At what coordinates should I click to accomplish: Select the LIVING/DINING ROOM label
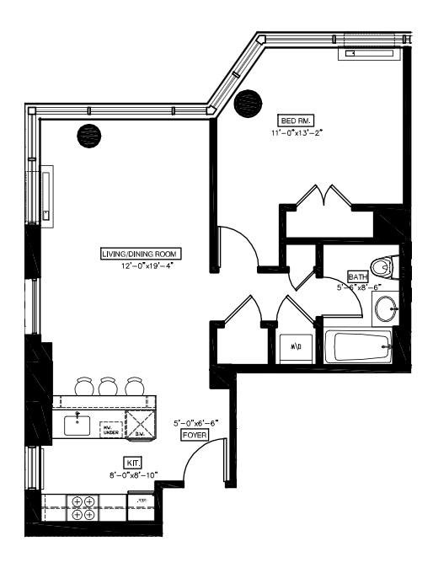click(141, 255)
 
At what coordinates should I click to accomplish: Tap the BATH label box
click(357, 276)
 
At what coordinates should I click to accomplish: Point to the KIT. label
click(133, 463)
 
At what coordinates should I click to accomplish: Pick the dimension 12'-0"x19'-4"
click(152, 265)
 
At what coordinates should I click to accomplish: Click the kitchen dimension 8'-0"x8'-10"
click(134, 474)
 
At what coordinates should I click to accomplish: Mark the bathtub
click(361, 347)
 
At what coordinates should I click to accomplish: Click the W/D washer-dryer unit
click(295, 346)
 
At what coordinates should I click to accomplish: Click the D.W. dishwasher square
click(141, 421)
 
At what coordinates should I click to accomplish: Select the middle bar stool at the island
click(107, 387)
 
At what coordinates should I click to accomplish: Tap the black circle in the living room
click(90, 134)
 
